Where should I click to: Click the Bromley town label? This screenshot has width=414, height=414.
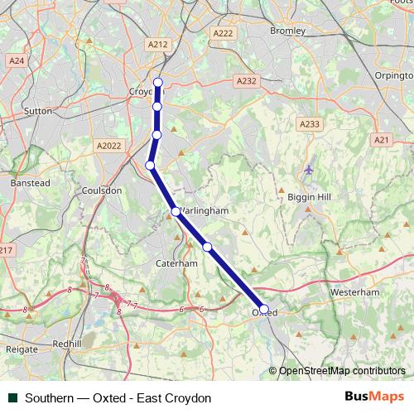[x=288, y=31]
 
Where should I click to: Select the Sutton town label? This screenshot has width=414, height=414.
[x=39, y=109]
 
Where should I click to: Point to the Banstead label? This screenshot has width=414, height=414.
[x=30, y=182]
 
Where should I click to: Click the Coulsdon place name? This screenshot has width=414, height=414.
[x=103, y=190]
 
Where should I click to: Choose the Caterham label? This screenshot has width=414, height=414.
[x=177, y=262]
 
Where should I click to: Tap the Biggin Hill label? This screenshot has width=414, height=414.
[x=308, y=198]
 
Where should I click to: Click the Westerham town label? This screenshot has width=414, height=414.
[x=354, y=292]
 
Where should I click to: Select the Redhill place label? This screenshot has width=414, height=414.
[x=66, y=343]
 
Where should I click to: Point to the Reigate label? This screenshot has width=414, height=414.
[x=22, y=349]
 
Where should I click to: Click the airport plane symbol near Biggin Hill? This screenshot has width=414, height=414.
[x=309, y=170]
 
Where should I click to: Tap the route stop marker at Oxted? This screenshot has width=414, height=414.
[x=264, y=309]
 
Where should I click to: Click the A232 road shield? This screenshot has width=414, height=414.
[x=245, y=81]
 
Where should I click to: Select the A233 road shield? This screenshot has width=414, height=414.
[x=310, y=123]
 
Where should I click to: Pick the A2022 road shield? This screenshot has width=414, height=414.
[x=108, y=145]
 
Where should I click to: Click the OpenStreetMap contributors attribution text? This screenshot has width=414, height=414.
[x=341, y=372]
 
